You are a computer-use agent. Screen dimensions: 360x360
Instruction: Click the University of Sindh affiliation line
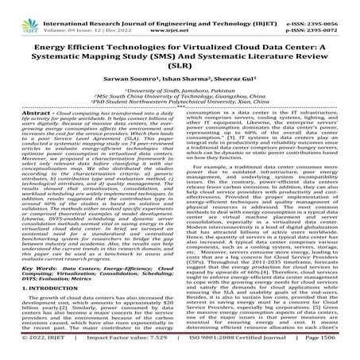[x=180, y=98]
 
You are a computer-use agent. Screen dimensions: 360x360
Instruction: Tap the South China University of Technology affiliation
[x=180, y=106]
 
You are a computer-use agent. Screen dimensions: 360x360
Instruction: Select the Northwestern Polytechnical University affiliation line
[x=180, y=114]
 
